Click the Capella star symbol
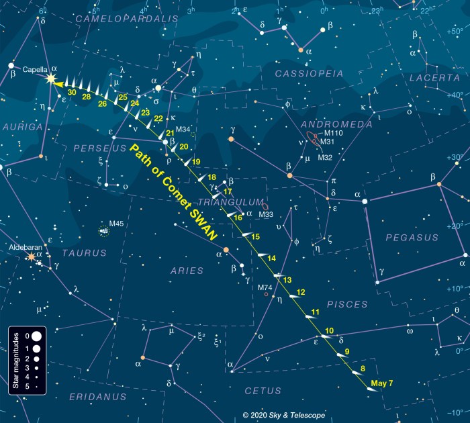(x=51, y=79)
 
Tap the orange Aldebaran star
(x=31, y=256)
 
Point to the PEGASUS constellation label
(x=412, y=237)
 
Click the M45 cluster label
(x=116, y=224)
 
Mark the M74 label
(x=265, y=287)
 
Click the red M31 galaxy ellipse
(x=314, y=138)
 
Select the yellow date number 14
(x=271, y=258)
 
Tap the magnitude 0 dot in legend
(x=36, y=335)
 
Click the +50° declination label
(x=455, y=32)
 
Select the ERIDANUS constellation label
(x=97, y=396)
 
